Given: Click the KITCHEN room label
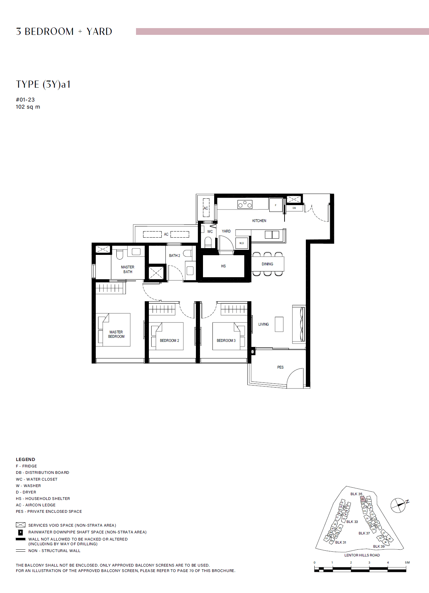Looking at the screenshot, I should (x=259, y=221).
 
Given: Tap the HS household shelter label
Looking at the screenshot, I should (x=223, y=266).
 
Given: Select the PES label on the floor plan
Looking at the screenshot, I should (x=280, y=367).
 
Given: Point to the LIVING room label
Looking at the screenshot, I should (x=263, y=324).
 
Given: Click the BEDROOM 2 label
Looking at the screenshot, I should (x=170, y=341).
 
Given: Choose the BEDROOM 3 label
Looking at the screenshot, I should (x=226, y=341).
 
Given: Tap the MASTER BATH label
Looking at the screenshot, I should (x=128, y=269).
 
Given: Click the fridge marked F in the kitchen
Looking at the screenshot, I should (x=276, y=205).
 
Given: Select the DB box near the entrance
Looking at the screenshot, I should (x=294, y=208).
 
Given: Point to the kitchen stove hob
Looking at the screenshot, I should (x=245, y=204).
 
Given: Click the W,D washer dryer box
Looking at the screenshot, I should (x=242, y=243).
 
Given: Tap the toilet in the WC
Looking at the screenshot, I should (x=208, y=242).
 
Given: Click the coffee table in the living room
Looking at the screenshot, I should (x=279, y=324).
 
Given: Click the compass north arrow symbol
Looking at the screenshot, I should (x=399, y=505).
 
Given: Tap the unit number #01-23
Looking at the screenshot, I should (x=25, y=100).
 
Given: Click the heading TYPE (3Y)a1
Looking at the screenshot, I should (x=43, y=84).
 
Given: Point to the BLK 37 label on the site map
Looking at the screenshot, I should (x=364, y=533).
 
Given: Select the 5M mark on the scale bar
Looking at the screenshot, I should (x=407, y=563).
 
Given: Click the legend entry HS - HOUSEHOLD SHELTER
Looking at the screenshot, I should (x=43, y=499).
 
